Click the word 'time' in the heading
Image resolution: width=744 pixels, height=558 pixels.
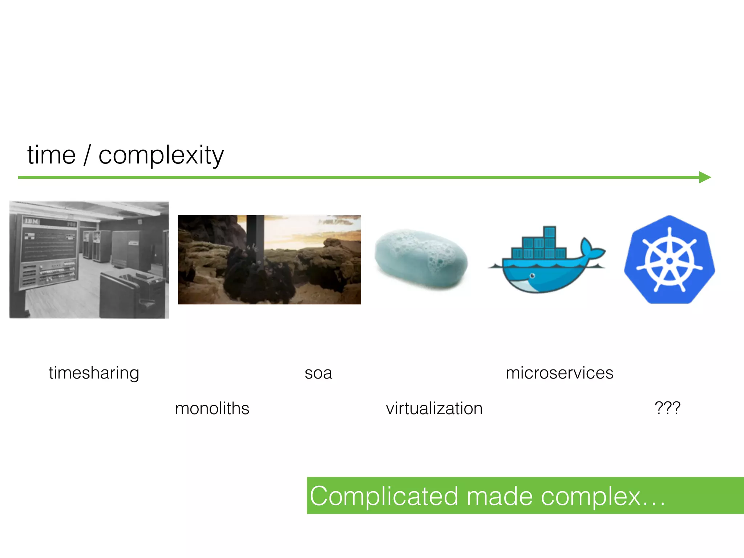51,155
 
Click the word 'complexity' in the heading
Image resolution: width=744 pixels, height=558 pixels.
161,155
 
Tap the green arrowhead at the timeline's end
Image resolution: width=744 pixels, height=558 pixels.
704,177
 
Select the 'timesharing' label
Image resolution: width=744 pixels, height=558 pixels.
94,373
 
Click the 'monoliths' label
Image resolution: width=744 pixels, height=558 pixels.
212,409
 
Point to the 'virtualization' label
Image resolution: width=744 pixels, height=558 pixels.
434,409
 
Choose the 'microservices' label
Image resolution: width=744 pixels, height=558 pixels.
559,373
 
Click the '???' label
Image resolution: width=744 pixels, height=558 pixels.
667,408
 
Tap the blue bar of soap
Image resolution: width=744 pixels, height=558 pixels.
421,259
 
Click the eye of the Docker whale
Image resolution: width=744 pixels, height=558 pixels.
533,276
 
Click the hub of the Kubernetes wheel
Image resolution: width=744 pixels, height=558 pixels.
670,261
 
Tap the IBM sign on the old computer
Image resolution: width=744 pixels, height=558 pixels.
31,221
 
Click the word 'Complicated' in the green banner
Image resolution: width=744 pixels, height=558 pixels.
384,496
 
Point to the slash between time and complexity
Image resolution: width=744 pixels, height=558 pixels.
87,155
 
